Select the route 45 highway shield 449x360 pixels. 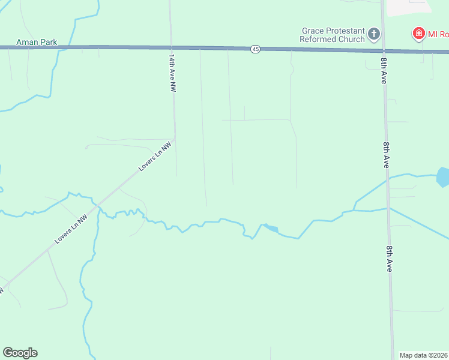(x=256, y=49)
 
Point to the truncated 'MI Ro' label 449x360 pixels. (x=438, y=34)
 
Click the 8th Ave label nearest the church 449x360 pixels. (x=383, y=71)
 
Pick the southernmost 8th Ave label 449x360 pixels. (x=390, y=259)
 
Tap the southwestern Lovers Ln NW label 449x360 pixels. (x=71, y=229)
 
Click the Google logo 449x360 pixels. (x=20, y=353)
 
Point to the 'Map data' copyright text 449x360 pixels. (x=423, y=355)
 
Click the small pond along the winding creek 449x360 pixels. (x=272, y=228)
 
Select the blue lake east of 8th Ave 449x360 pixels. (x=443, y=177)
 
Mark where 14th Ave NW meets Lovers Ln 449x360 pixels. (x=175, y=139)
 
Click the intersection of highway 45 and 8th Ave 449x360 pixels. (x=382, y=51)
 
